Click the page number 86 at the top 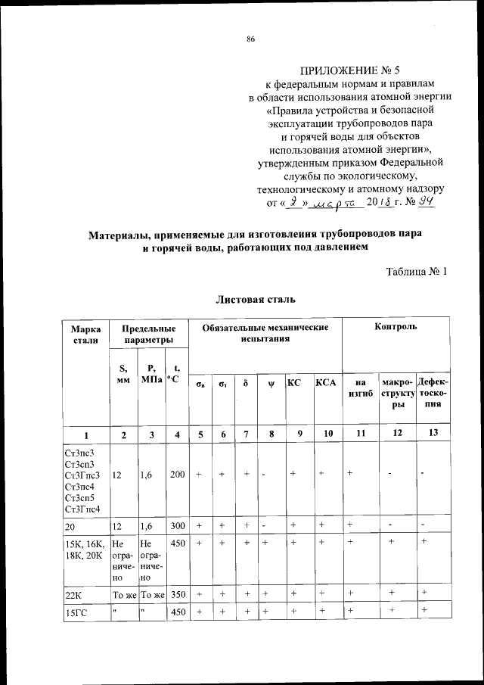(x=250, y=39)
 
